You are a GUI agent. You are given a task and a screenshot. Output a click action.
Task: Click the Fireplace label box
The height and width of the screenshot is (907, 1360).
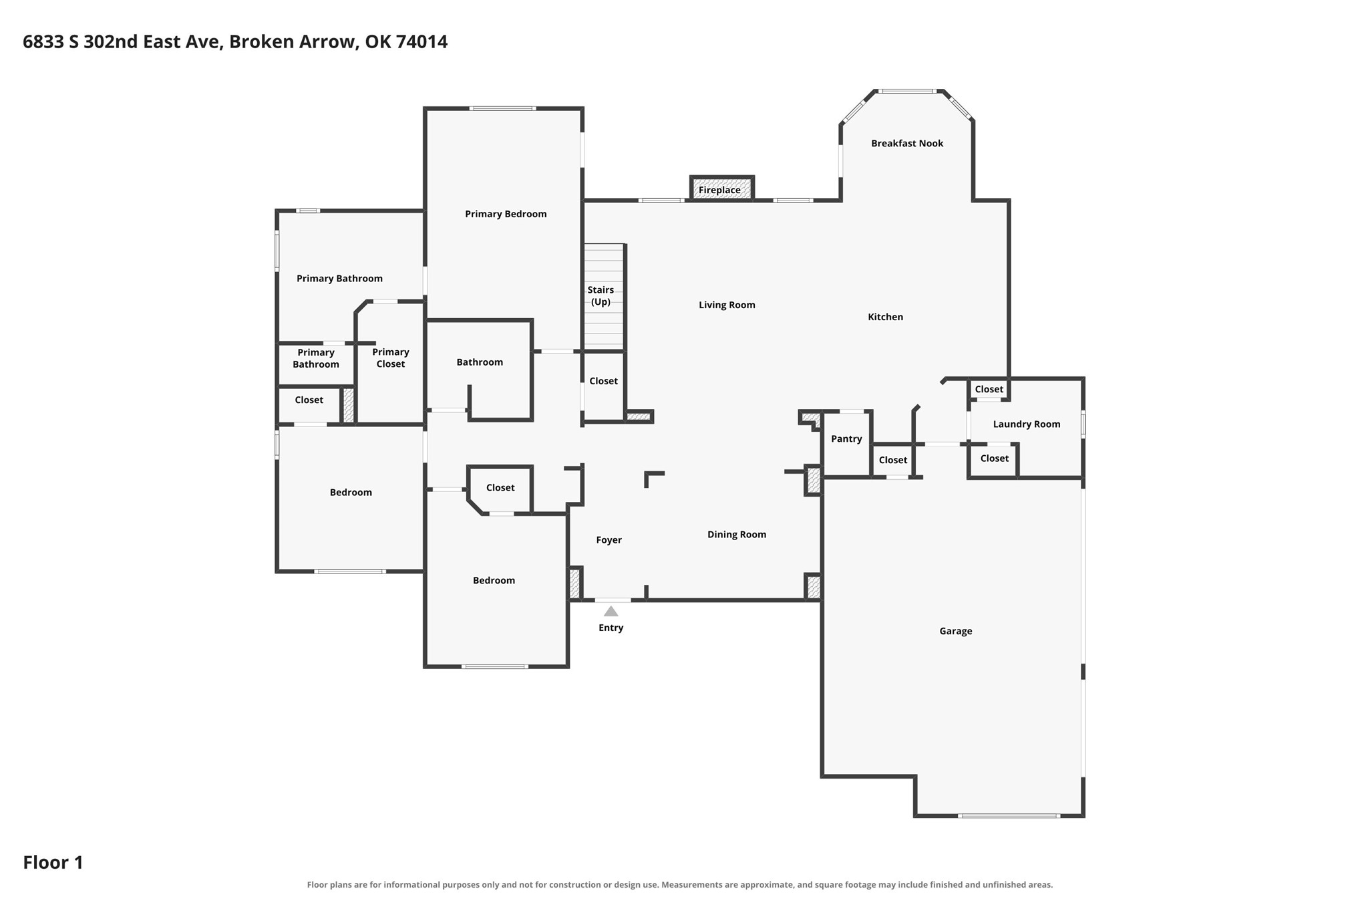click(721, 188)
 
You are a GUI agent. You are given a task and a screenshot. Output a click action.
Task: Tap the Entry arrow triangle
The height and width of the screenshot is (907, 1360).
click(611, 611)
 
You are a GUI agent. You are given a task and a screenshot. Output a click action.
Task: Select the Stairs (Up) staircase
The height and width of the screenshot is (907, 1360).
click(604, 297)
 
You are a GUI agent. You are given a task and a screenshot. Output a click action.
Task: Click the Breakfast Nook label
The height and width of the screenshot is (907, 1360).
click(907, 143)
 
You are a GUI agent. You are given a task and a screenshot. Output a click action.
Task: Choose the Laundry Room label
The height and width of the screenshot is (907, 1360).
click(1027, 424)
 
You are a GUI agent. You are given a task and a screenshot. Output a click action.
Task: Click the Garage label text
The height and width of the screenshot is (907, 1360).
click(955, 631)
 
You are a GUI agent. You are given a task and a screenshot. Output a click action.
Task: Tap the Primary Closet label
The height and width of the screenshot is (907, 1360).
click(391, 358)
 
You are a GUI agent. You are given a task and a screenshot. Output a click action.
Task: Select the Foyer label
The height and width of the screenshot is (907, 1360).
click(609, 540)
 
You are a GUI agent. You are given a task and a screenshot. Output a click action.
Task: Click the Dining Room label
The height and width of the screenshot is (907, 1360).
click(737, 535)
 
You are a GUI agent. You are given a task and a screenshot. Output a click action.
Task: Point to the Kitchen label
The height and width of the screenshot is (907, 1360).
click(885, 317)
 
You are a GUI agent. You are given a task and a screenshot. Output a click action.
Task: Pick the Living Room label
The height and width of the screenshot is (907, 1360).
click(727, 305)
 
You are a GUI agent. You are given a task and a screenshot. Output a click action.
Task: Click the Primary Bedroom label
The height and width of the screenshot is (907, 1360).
click(506, 214)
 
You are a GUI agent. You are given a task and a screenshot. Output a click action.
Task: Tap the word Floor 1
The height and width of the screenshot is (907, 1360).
click(53, 862)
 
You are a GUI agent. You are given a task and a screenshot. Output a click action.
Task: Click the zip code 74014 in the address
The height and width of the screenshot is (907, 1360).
click(421, 41)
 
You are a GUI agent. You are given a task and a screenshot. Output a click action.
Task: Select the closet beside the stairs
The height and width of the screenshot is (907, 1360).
click(604, 386)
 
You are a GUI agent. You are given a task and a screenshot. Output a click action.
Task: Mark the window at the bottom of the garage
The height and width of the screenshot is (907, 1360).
click(1008, 815)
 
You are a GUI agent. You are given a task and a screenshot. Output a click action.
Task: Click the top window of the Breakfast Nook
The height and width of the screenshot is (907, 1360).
click(906, 91)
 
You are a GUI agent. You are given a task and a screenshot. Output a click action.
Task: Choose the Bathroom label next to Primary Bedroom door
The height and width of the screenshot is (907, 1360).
click(480, 362)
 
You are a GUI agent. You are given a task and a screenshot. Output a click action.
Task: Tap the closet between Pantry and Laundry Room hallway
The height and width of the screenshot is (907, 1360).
click(893, 461)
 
